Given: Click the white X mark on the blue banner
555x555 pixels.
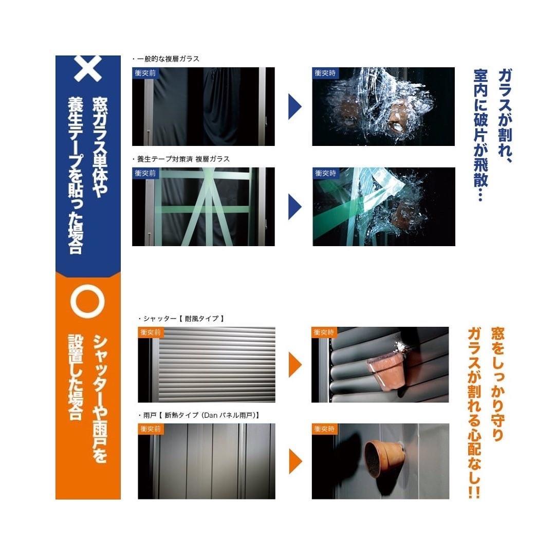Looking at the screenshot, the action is [88, 68].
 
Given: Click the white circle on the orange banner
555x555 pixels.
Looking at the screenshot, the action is [88, 302].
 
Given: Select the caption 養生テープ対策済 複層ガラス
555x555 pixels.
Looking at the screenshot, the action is [181, 159].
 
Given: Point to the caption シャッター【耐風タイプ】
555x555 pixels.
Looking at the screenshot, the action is [181, 319].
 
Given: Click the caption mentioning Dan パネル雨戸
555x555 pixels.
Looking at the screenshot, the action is [199, 415].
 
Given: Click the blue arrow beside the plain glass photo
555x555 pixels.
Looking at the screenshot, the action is [295, 106].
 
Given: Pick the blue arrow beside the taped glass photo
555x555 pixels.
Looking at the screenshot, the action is [295, 207].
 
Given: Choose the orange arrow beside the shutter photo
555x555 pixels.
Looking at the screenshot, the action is [295, 364].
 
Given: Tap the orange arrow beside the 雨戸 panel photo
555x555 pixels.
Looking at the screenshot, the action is [295, 461].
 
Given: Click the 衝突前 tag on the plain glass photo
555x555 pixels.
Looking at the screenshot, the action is [145, 73].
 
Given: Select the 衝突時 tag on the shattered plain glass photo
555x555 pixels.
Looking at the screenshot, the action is [325, 73].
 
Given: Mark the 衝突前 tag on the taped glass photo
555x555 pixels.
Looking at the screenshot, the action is [145, 173].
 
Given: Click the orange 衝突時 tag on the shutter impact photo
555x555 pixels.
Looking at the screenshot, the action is [324, 332].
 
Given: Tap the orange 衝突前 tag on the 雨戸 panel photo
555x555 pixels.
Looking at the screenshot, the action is [151, 429].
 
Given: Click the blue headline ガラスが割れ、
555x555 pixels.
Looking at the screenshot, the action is [505, 116].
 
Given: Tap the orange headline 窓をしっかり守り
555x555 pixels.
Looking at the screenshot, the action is [498, 384].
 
